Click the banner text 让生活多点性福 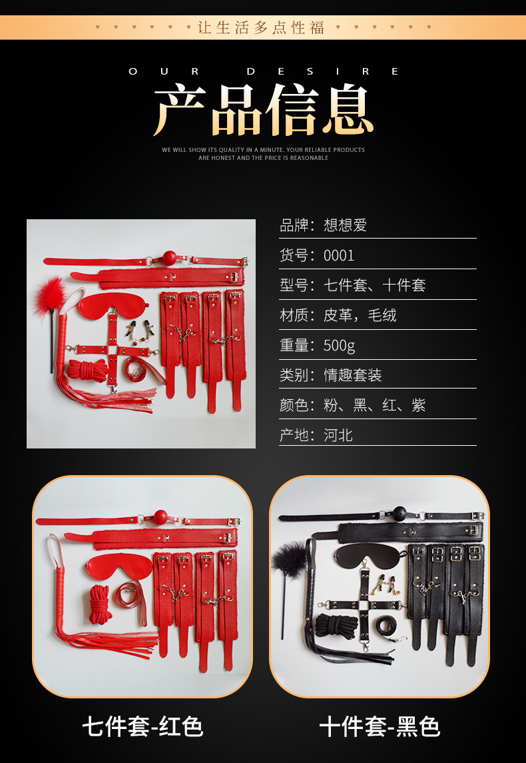coord(260,27)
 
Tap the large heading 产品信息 coord(263,110)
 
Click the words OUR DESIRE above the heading coord(263,71)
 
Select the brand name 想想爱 coord(345,225)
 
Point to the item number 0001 coord(339,255)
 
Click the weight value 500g coord(339,345)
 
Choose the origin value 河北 coord(338,434)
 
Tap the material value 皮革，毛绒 coord(360,315)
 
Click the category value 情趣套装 coord(352,375)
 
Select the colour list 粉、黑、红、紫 coord(374,405)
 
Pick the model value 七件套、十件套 coord(374,285)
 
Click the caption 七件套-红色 coord(142,727)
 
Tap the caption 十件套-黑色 coord(380,727)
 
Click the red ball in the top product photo coord(169,258)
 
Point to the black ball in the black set coord(399,513)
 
